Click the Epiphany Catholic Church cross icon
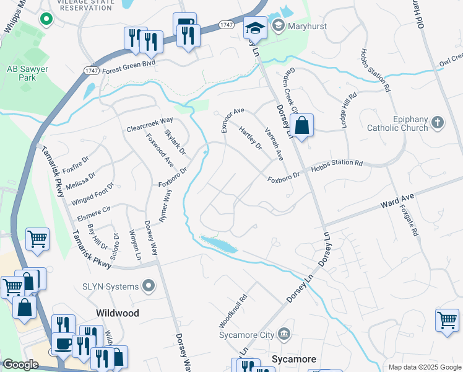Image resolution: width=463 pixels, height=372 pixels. pos(438,122)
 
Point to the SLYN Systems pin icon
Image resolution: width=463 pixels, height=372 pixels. pos(148,286)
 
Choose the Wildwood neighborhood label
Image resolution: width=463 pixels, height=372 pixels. pos(117,313)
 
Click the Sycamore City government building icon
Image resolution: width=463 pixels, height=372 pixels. pos(283,335)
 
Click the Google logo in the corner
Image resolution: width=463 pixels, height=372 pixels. pos(20,365)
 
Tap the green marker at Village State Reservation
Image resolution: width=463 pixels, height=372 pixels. pos(45,19)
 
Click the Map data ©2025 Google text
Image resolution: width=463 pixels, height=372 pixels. pos(424,367)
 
